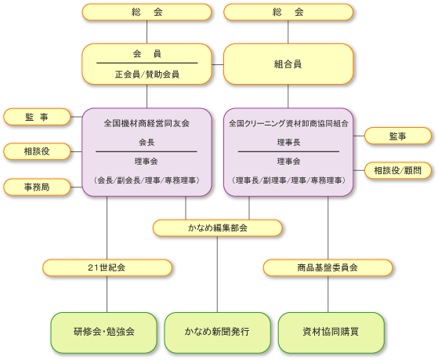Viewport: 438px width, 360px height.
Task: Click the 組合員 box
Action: point(288,64)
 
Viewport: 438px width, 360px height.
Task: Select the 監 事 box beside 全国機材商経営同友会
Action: point(37,117)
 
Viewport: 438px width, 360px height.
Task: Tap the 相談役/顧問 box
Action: point(398,170)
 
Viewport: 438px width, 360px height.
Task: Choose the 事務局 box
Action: point(37,187)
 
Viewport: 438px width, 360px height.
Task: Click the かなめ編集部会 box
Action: point(217,228)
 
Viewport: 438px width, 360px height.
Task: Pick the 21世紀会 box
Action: point(107,267)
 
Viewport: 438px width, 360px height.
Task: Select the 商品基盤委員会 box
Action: point(328,267)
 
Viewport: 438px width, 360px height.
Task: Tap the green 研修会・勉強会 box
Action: point(103,333)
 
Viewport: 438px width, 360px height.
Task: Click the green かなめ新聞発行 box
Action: point(217,333)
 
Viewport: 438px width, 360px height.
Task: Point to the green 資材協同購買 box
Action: point(331,333)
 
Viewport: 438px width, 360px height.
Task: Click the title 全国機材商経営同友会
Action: point(147,123)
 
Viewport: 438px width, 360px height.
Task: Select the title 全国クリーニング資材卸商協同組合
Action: point(288,123)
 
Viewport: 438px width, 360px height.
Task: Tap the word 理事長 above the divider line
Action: point(288,143)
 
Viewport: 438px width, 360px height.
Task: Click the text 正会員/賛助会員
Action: point(147,75)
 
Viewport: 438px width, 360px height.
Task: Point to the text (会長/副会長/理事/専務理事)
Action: point(147,180)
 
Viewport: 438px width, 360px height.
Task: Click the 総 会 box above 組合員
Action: point(288,12)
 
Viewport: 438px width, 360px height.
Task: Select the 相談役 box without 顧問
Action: point(37,151)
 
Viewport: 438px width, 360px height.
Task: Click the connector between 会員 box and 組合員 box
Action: point(218,64)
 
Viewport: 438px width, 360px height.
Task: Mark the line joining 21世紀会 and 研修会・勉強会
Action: point(107,294)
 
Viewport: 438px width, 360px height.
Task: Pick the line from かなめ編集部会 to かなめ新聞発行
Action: point(217,275)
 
